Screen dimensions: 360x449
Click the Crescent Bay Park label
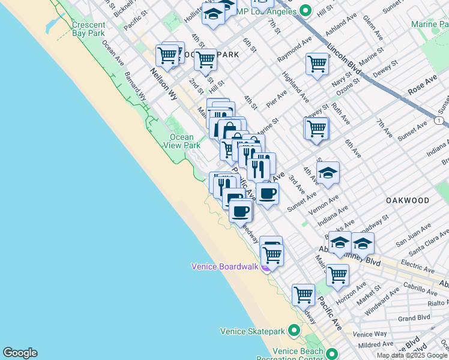[88, 29]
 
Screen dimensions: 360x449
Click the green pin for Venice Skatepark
[294, 331]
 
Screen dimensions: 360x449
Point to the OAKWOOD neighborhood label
[408, 200]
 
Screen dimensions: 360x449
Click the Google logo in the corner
[20, 353]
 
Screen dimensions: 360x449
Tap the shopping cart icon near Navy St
[317, 63]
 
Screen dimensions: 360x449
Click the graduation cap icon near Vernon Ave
[328, 173]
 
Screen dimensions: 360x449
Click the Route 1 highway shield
[440, 121]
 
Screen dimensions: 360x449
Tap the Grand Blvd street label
[414, 317]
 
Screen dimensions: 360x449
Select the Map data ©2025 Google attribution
[412, 355]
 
